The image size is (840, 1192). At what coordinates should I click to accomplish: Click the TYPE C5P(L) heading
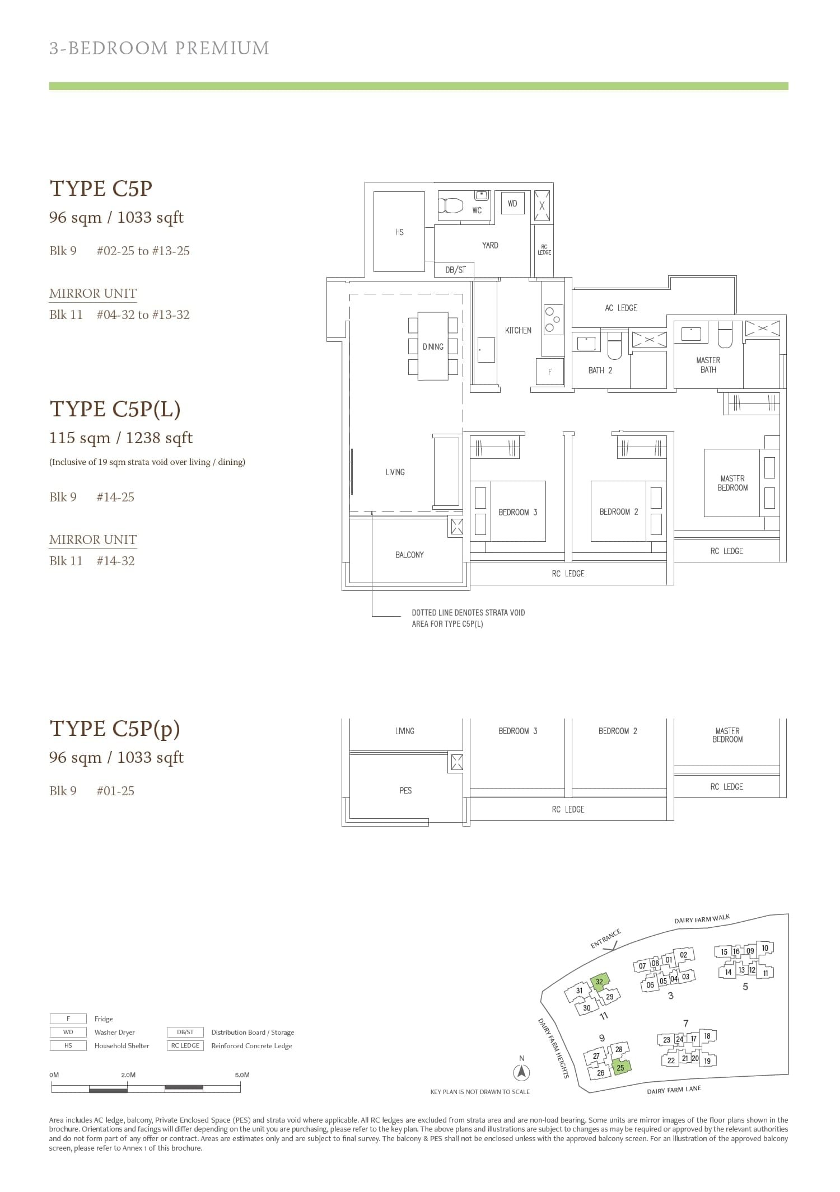click(x=115, y=409)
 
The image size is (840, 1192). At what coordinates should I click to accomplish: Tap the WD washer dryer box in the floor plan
click(x=512, y=204)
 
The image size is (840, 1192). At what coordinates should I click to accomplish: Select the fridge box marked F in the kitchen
click(x=549, y=372)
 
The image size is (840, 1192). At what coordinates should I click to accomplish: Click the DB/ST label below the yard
click(x=455, y=270)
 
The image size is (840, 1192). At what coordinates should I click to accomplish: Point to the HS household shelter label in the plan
click(x=399, y=232)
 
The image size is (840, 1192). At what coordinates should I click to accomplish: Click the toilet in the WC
click(x=451, y=205)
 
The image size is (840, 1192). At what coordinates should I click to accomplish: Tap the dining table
click(x=433, y=346)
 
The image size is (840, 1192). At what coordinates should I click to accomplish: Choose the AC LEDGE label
click(x=620, y=308)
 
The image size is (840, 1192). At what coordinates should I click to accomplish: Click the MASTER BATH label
click(x=708, y=365)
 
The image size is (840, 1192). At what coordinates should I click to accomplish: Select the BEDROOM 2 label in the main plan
click(x=618, y=512)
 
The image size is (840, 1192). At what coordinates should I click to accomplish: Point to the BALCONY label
click(x=409, y=555)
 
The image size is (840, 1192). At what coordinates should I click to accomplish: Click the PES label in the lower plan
click(x=405, y=791)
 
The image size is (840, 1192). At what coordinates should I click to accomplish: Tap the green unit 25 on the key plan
click(x=620, y=1067)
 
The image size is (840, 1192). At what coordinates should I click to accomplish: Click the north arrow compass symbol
click(x=521, y=1072)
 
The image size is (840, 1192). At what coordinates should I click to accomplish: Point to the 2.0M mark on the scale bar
click(x=128, y=1075)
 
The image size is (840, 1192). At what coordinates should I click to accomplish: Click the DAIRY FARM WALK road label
click(x=702, y=919)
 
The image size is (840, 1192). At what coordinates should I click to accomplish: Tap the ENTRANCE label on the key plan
click(x=605, y=938)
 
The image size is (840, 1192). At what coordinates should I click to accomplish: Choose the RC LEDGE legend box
click(x=185, y=1045)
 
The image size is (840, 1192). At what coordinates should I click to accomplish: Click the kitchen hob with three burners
click(x=552, y=319)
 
